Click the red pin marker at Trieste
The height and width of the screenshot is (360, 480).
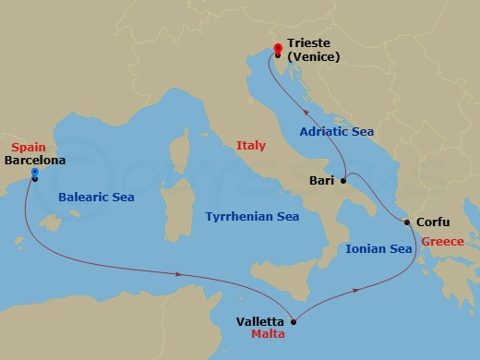coord(278,49)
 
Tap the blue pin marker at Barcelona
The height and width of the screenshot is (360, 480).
coord(34,174)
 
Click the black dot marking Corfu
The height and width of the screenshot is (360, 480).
coord(407,222)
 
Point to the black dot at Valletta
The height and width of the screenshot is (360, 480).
coord(294,322)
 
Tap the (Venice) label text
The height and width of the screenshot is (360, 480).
coord(314,57)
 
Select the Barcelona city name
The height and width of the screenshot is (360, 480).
coord(36,160)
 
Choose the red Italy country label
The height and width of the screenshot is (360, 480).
coord(250,146)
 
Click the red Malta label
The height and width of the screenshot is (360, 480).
coord(268,336)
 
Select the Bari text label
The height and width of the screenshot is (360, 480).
coord(321,181)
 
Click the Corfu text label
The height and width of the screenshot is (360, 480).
coord(434,222)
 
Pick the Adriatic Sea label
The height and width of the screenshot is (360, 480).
coord(336,132)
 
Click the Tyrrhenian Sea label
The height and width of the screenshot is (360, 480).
coord(252,216)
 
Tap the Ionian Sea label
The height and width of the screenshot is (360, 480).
coord(378,248)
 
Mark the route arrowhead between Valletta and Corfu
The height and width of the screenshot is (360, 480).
coord(355,291)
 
